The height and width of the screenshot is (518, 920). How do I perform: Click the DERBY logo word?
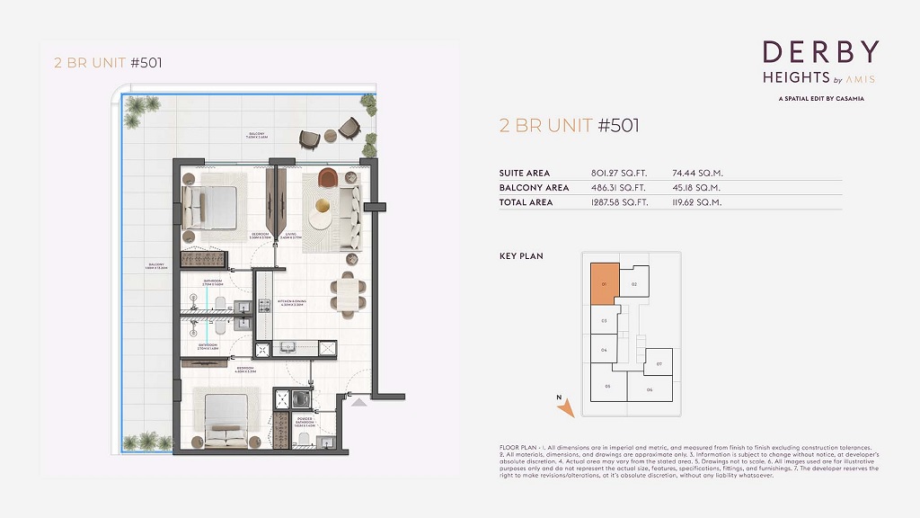pyautogui.click(x=820, y=52)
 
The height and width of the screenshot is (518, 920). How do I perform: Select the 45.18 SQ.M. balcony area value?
pyautogui.click(x=698, y=188)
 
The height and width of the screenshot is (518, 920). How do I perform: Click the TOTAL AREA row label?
pyautogui.click(x=526, y=202)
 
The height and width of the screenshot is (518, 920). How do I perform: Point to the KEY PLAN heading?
pyautogui.click(x=521, y=256)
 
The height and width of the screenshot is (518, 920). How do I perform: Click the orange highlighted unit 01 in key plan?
pyautogui.click(x=604, y=284)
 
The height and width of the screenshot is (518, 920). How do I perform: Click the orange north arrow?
pyautogui.click(x=565, y=409)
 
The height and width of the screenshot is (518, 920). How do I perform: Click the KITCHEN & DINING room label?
pyautogui.click(x=294, y=303)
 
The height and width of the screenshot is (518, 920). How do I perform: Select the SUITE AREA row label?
pyautogui.click(x=525, y=173)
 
